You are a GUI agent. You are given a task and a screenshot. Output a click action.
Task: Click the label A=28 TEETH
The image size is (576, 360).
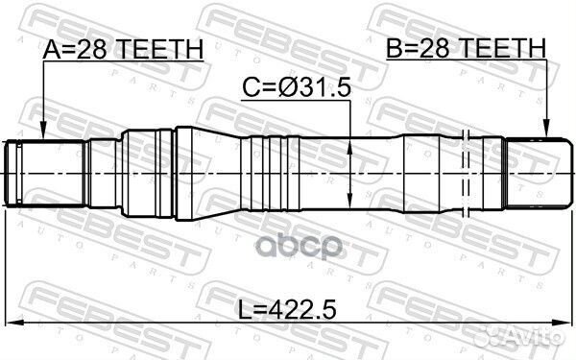[123, 48]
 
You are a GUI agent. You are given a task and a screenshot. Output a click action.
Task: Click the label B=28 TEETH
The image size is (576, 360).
[466, 48]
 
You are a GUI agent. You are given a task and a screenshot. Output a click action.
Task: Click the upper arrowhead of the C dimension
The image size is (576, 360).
[349, 142]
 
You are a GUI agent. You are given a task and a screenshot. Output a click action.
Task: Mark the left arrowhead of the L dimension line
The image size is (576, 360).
[12, 324]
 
